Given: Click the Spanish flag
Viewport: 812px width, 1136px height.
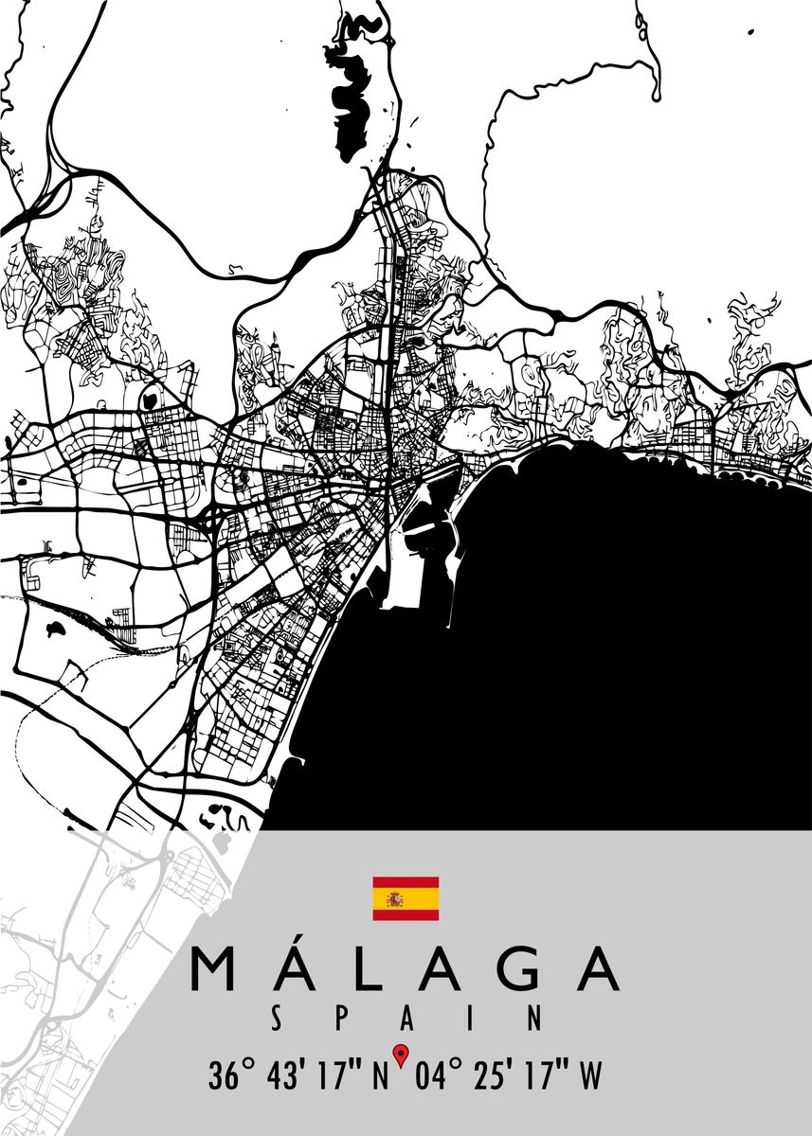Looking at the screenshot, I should coord(406,898).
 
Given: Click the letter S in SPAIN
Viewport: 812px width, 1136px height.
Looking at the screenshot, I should coord(276,1019).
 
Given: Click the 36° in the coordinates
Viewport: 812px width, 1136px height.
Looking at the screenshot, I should coord(232,1076).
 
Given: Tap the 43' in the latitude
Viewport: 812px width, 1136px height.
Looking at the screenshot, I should coord(289,1076).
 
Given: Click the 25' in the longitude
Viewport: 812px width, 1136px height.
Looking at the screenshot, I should coord(494,1076).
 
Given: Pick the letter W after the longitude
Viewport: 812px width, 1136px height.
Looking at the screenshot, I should coord(589,1076).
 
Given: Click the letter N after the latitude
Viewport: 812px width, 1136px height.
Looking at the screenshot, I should coord(379,1076).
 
